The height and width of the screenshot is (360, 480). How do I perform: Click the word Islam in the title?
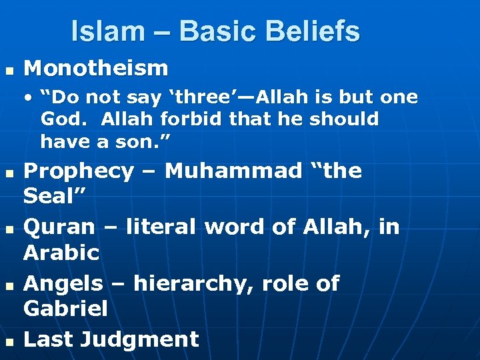click(107, 31)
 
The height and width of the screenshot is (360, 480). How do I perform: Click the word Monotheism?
click(96, 67)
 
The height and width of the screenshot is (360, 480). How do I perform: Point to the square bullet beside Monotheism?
click(9, 69)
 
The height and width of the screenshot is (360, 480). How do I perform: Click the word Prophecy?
click(78, 171)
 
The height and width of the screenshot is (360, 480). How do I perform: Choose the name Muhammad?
click(233, 171)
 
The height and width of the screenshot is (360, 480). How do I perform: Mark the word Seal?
click(50, 196)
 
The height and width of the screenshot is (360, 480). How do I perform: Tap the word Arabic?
click(61, 253)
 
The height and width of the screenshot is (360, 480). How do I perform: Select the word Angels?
click(63, 283)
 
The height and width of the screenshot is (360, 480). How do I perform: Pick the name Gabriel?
click(65, 309)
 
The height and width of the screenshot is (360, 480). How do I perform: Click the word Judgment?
click(139, 339)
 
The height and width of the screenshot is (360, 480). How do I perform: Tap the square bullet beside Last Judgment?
click(9, 341)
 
